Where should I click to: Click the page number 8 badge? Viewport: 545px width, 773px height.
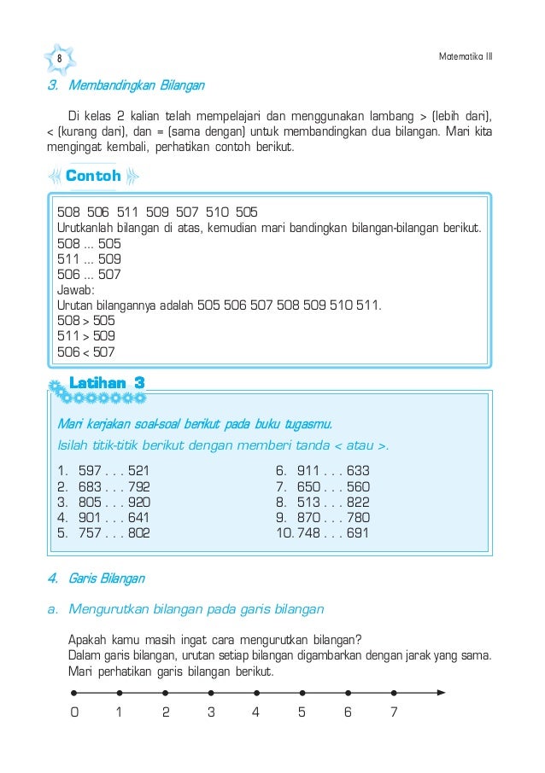60,57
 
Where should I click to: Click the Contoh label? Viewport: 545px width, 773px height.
93,177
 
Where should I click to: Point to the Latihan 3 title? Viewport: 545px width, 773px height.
107,384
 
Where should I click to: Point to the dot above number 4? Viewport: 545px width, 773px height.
256,693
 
